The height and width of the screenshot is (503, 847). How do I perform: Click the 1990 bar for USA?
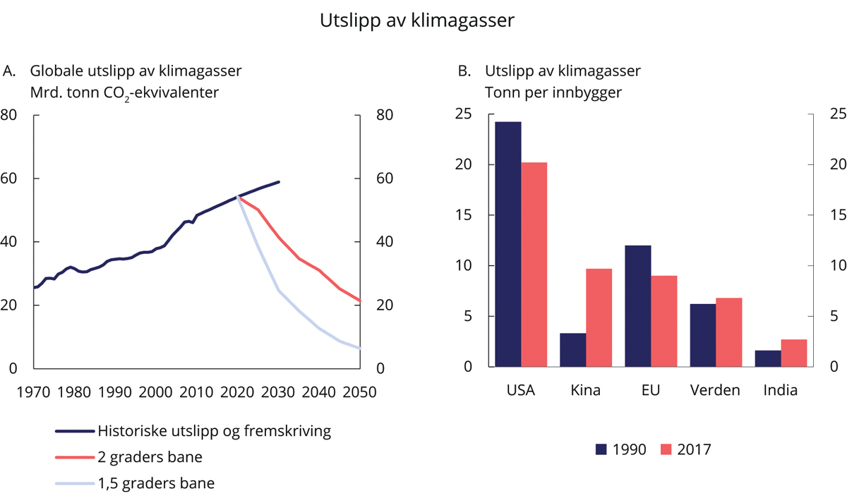[508, 244]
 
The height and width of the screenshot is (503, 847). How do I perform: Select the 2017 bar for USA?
[534, 265]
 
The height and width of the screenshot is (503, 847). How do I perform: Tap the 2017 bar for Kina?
[599, 317]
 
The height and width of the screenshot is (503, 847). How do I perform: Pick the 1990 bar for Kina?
[573, 350]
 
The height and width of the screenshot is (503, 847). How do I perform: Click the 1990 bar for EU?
[638, 306]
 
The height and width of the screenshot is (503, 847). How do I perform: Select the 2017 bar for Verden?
[728, 332]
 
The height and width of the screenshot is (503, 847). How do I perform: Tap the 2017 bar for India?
[793, 353]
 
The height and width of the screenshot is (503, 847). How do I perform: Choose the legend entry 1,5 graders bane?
[156, 483]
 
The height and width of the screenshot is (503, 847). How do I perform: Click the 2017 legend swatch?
[667, 449]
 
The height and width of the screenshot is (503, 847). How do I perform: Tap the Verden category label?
[716, 390]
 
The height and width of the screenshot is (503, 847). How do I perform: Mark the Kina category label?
[586, 390]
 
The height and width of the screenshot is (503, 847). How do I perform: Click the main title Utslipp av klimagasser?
[417, 21]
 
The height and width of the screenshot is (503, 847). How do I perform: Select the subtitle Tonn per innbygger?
[543, 92]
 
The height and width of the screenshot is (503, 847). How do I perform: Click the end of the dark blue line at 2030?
[279, 182]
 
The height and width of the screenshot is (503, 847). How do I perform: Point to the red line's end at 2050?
[360, 301]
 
